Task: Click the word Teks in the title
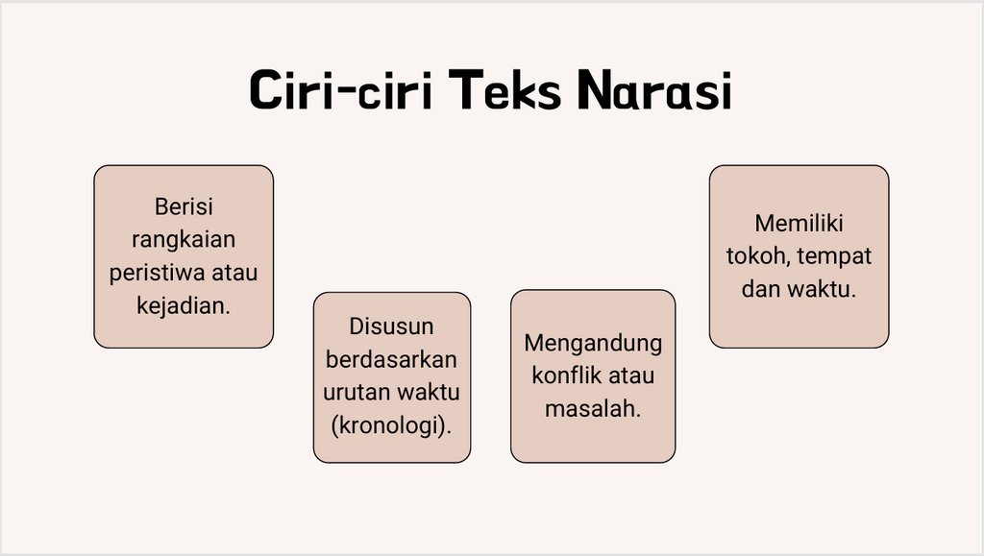(504, 90)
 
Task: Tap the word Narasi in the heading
(654, 90)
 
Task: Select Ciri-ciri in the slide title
(341, 90)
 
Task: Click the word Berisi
(184, 206)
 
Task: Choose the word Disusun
(392, 326)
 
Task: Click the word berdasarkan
(392, 359)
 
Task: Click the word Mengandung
(593, 344)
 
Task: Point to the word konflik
(561, 375)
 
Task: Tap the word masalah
(592, 409)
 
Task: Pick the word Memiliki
(799, 223)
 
